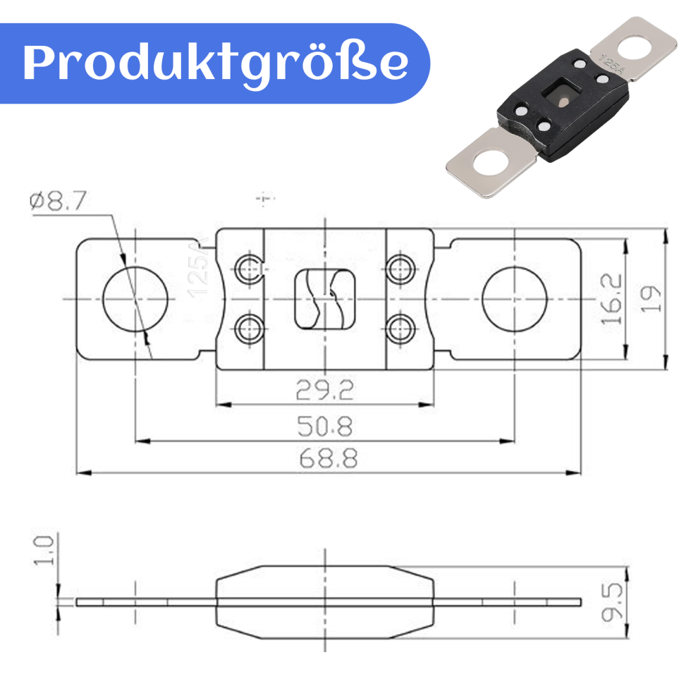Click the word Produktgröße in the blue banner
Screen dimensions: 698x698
coord(216,63)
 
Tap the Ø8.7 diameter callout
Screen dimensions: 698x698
coord(58,201)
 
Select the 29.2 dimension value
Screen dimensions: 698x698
coord(325,390)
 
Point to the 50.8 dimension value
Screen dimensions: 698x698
coord(325,426)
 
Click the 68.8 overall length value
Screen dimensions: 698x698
coord(329,458)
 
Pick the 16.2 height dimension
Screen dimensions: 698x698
coord(611,299)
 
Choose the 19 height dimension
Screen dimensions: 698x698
coord(650,299)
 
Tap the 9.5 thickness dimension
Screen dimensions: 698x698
coord(612,602)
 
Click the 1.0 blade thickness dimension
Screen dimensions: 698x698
coord(44,551)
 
